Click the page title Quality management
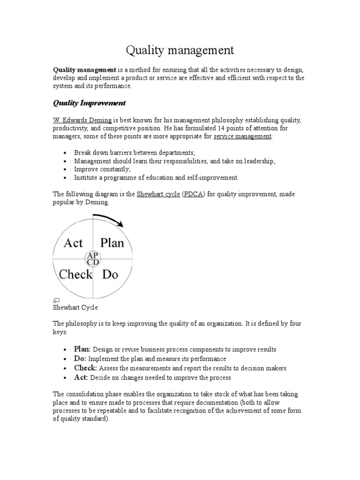(180, 50)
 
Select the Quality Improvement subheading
(89, 103)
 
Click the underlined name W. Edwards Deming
(82, 120)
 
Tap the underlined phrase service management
(242, 136)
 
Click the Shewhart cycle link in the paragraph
(158, 195)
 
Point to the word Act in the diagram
(73, 243)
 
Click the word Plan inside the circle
(112, 243)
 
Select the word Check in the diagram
(75, 274)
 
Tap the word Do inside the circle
(110, 274)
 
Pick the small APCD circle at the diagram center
(92, 258)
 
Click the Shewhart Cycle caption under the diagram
(75, 307)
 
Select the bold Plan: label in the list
(82, 349)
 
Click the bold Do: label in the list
(80, 359)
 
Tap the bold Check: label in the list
(85, 368)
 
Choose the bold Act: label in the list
(81, 377)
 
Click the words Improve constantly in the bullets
(102, 169)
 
